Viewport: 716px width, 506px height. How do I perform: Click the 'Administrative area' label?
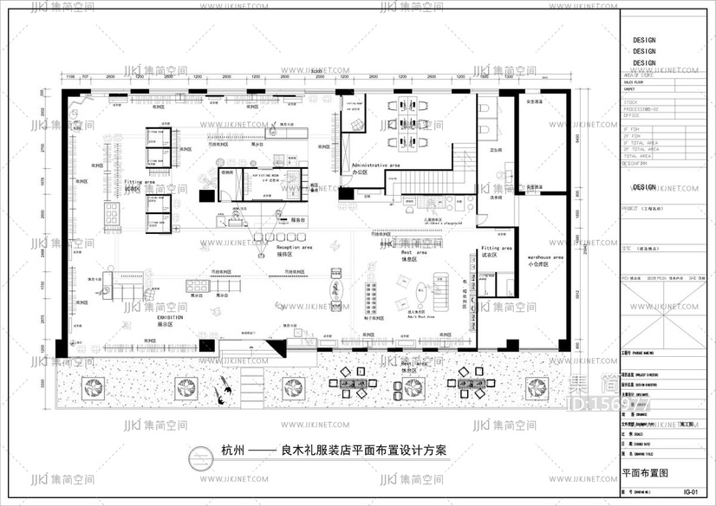374,164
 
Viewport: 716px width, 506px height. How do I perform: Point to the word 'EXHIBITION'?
170,318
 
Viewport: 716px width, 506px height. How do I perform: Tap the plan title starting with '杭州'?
334,451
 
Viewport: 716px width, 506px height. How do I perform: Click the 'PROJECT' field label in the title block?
635,208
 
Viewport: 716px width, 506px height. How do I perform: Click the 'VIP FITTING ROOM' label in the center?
265,176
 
